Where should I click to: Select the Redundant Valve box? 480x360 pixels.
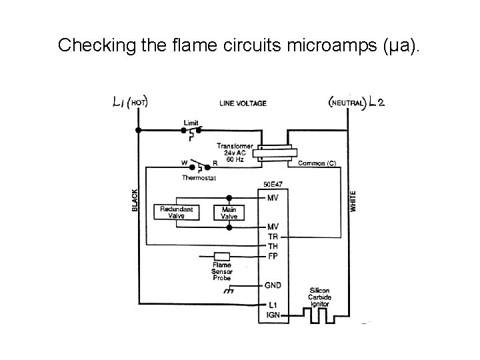click(x=177, y=213)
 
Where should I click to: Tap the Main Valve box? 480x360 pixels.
click(x=229, y=213)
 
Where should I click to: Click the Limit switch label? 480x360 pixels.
click(x=191, y=123)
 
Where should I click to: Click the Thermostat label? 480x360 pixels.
click(x=199, y=177)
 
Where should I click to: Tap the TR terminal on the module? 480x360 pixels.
click(x=273, y=236)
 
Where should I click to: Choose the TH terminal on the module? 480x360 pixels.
click(x=273, y=245)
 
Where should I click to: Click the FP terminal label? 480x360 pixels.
click(x=273, y=255)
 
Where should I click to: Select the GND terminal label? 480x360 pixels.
click(x=274, y=285)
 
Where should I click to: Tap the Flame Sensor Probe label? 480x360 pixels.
click(x=221, y=271)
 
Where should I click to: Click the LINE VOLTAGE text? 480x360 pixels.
click(x=243, y=103)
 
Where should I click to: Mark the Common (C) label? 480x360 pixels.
click(x=317, y=163)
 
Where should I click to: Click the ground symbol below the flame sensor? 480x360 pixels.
click(x=230, y=291)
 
